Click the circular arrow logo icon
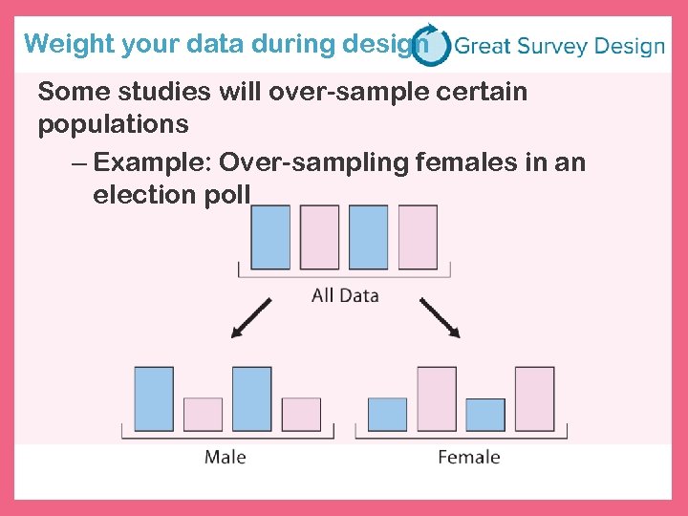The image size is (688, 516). tap(431, 45)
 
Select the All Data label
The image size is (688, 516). tap(345, 295)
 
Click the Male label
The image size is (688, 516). tap(226, 457)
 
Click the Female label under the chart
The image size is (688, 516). tap(468, 457)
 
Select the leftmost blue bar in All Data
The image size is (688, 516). tap(270, 237)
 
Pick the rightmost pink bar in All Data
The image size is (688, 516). tap(418, 237)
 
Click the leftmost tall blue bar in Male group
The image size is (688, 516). tap(154, 398)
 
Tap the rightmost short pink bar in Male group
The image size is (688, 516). tap(301, 414)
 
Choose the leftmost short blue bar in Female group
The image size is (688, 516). tap(387, 414)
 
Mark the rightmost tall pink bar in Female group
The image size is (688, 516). tap(534, 398)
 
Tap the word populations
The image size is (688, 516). tap(113, 125)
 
